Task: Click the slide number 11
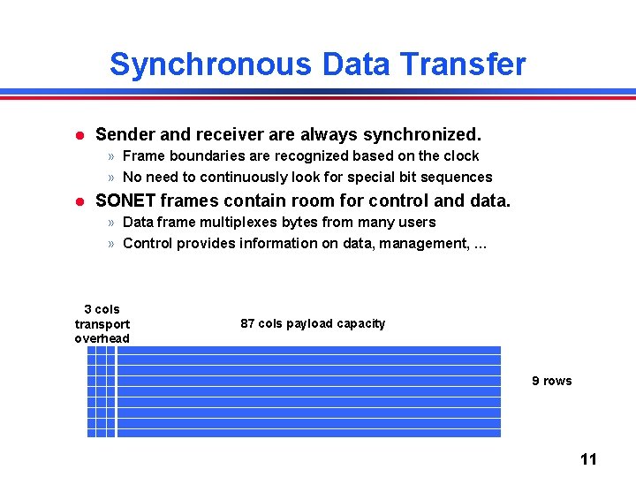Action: coord(588,458)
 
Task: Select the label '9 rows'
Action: coord(551,381)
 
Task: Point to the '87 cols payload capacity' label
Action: coord(313,323)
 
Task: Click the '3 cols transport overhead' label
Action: coord(102,324)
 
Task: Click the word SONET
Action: coord(126,201)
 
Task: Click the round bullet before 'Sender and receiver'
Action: coord(78,135)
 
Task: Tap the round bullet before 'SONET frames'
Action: coord(78,201)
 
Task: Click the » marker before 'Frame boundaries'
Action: coord(111,156)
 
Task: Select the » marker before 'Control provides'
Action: coord(111,244)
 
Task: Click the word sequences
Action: coord(458,177)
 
